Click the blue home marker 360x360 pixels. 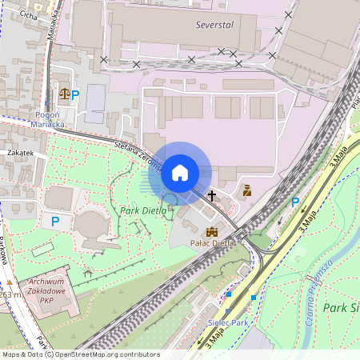coord(180,171)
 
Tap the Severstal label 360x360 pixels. coord(214,25)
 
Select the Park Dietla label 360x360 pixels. coord(143,210)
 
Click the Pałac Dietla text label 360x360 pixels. coord(212,242)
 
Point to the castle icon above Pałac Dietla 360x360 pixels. coord(212,230)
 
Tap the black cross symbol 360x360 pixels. coord(214,194)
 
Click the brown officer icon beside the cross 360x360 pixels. coord(247,190)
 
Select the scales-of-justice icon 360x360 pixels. coord(63,94)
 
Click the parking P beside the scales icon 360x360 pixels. coord(76,94)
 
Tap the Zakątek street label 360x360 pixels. coord(20,152)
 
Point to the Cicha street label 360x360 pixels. coord(28,14)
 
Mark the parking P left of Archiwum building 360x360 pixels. coord(55,221)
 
